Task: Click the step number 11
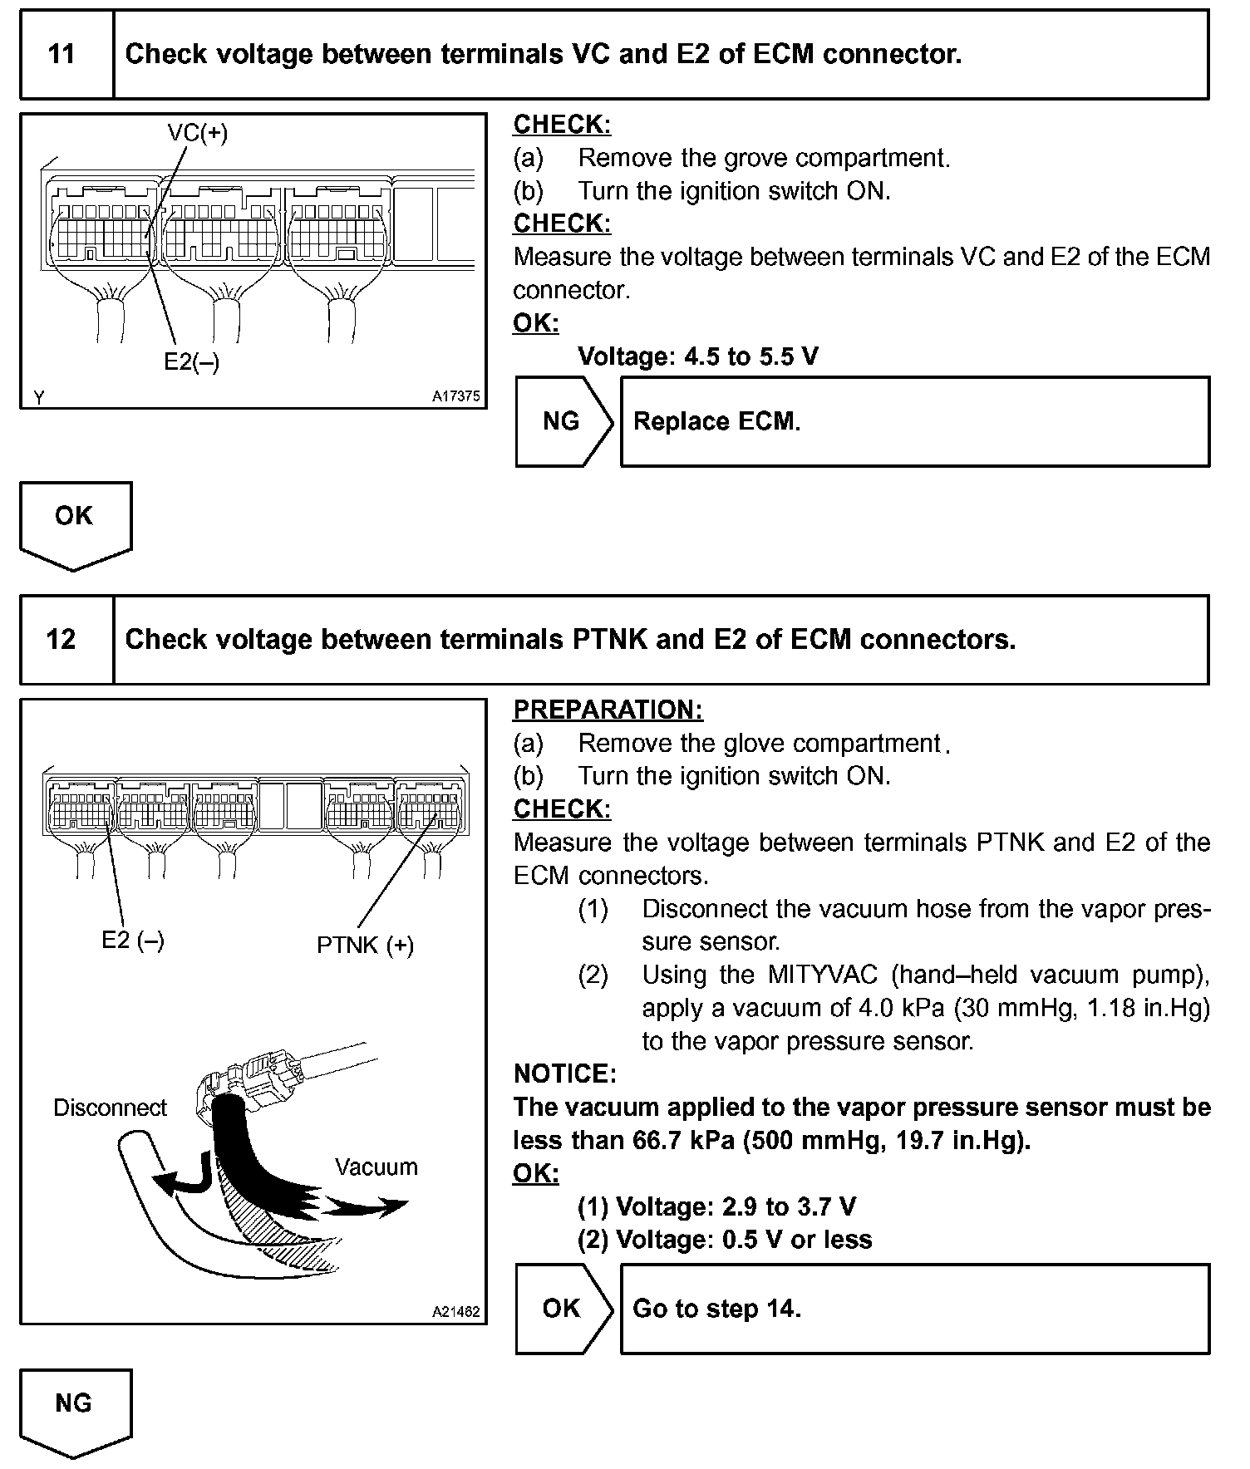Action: (62, 55)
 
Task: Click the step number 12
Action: (62, 640)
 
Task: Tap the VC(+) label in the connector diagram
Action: (197, 133)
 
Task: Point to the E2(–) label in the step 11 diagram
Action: (191, 361)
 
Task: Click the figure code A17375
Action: (455, 396)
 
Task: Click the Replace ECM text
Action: (716, 421)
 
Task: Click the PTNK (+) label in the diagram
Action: (365, 945)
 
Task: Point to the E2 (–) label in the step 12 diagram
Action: (133, 940)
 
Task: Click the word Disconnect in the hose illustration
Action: (110, 1108)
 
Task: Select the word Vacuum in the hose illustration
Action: (376, 1167)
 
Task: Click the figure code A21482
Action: (455, 1312)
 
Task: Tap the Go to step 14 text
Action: (716, 1309)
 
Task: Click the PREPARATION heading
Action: (608, 710)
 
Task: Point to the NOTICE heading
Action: (564, 1073)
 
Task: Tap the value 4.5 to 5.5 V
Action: (750, 356)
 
